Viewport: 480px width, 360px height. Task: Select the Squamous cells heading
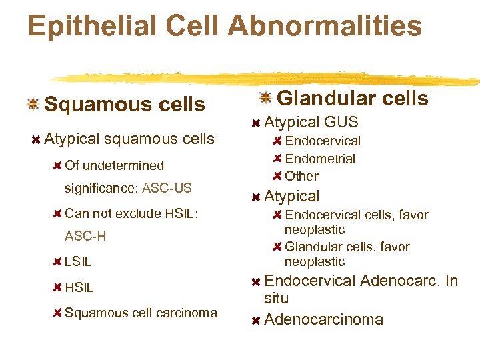pyautogui.click(x=125, y=105)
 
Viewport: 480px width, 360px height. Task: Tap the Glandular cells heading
pyautogui.click(x=352, y=99)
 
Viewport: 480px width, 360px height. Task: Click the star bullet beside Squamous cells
pyautogui.click(x=32, y=104)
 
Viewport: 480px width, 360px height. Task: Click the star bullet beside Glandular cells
pyautogui.click(x=265, y=98)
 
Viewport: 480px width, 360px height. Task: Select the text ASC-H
pyautogui.click(x=85, y=237)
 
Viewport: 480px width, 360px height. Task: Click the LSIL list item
pyautogui.click(x=78, y=262)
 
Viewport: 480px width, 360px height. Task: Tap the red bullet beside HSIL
pyautogui.click(x=57, y=288)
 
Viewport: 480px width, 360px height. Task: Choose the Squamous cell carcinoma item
pyautogui.click(x=141, y=313)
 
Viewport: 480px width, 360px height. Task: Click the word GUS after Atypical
pyautogui.click(x=341, y=122)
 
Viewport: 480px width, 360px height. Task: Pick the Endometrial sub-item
pyautogui.click(x=320, y=159)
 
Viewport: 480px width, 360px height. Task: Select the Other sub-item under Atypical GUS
pyautogui.click(x=301, y=176)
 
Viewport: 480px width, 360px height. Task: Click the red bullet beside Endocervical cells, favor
pyautogui.click(x=277, y=215)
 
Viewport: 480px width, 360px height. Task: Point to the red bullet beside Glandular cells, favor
pyautogui.click(x=277, y=247)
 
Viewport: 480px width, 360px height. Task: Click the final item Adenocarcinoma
pyautogui.click(x=323, y=319)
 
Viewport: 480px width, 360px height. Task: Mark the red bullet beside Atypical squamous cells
pyautogui.click(x=35, y=139)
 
